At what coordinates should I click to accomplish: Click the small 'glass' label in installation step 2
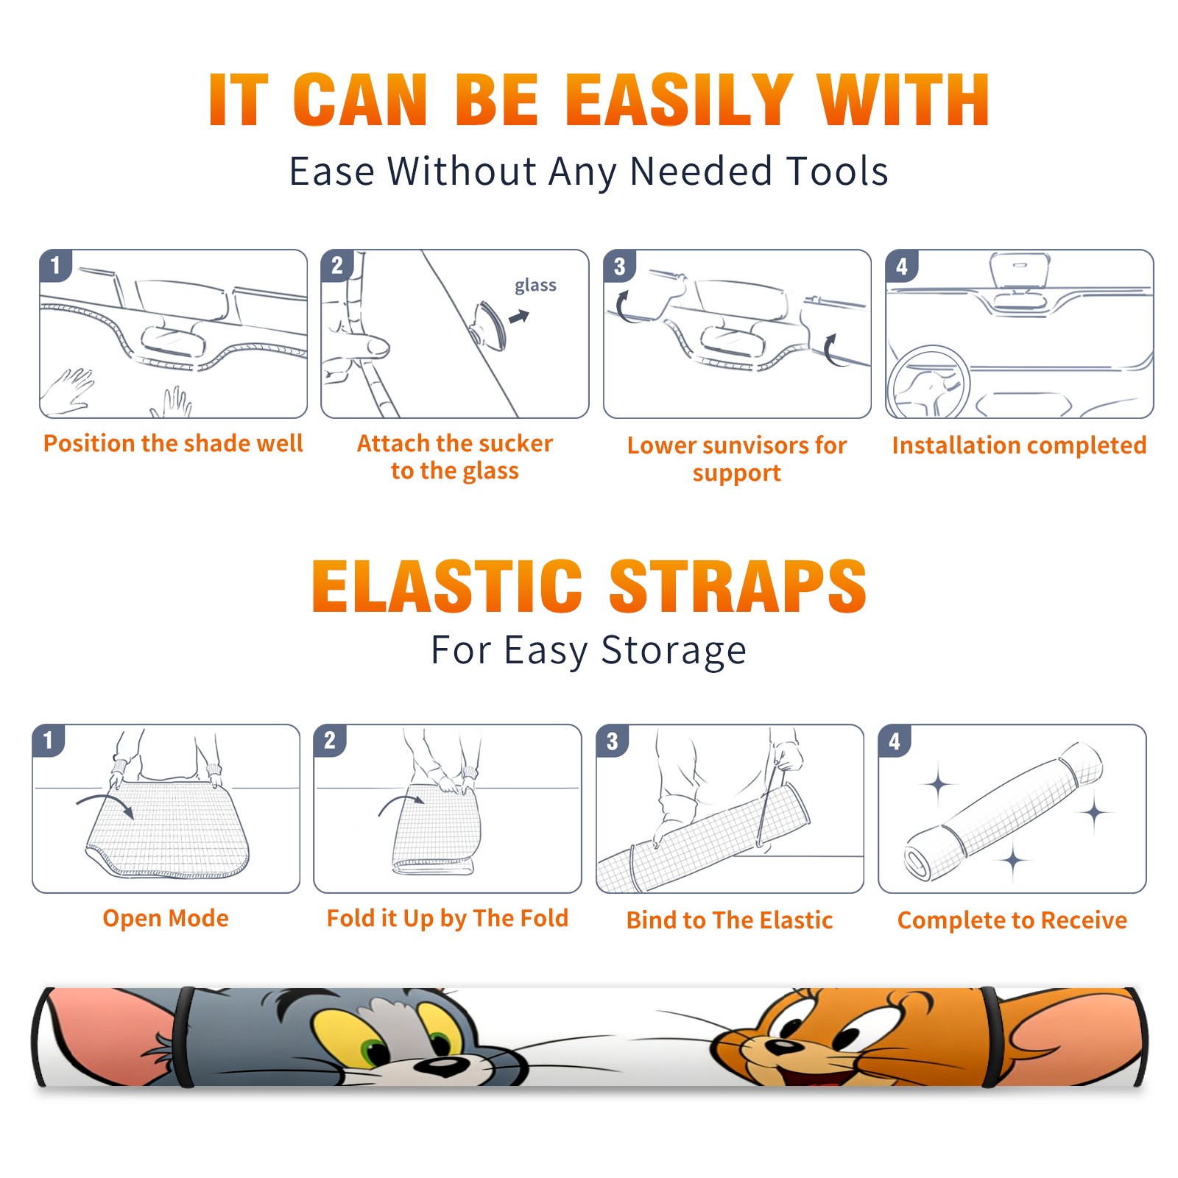point(535,285)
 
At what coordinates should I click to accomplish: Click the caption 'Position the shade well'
point(173,443)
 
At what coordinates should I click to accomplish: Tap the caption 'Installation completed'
point(1019,445)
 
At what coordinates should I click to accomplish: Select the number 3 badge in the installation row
point(619,266)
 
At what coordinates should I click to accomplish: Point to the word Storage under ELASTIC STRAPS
point(674,651)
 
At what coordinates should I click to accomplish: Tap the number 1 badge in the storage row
point(49,740)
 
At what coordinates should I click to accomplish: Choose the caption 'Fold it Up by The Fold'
point(448,918)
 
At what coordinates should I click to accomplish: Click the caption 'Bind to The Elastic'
point(730,920)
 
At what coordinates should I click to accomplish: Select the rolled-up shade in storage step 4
point(1004,811)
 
